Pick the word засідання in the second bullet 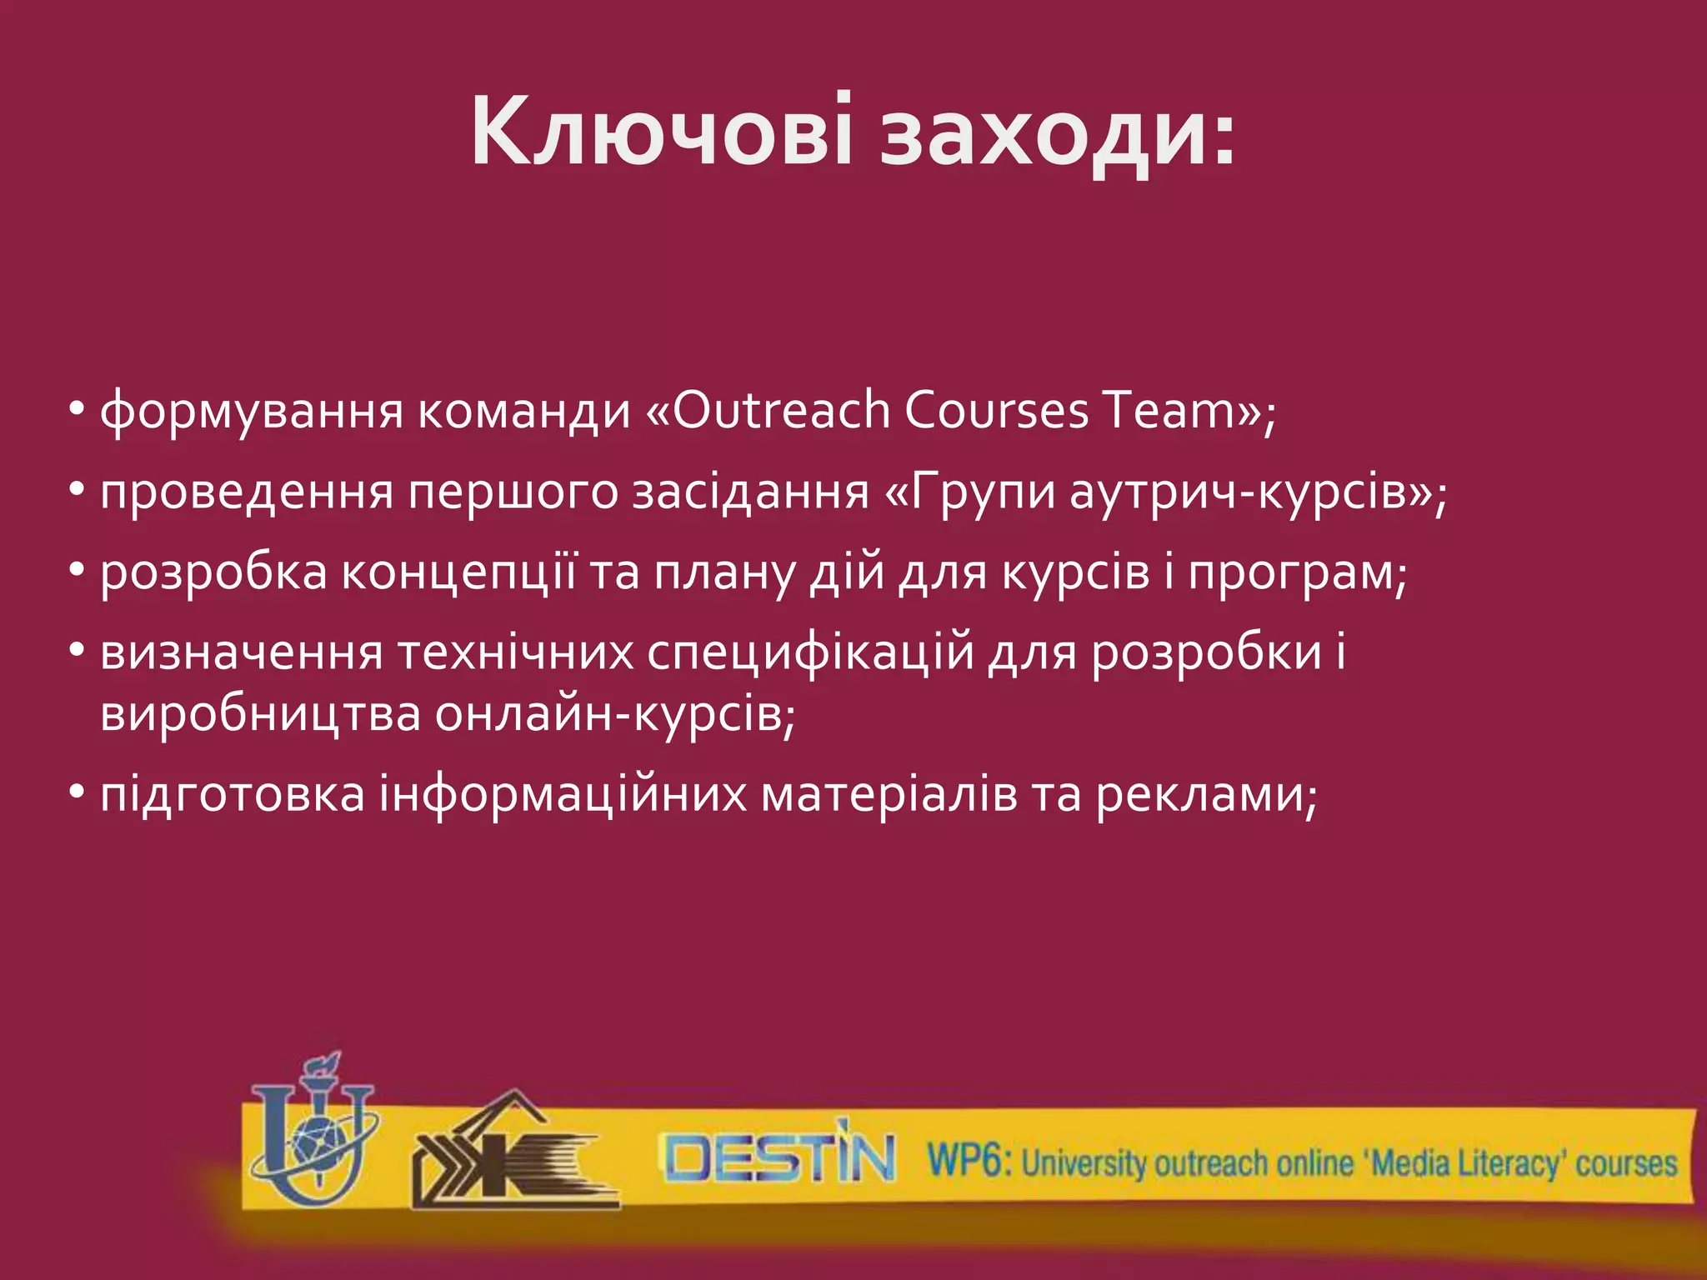tap(750, 492)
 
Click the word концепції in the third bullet tap(459, 574)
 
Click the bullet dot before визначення tap(78, 651)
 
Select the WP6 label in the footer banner tap(968, 1160)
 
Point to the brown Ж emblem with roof tap(513, 1154)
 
